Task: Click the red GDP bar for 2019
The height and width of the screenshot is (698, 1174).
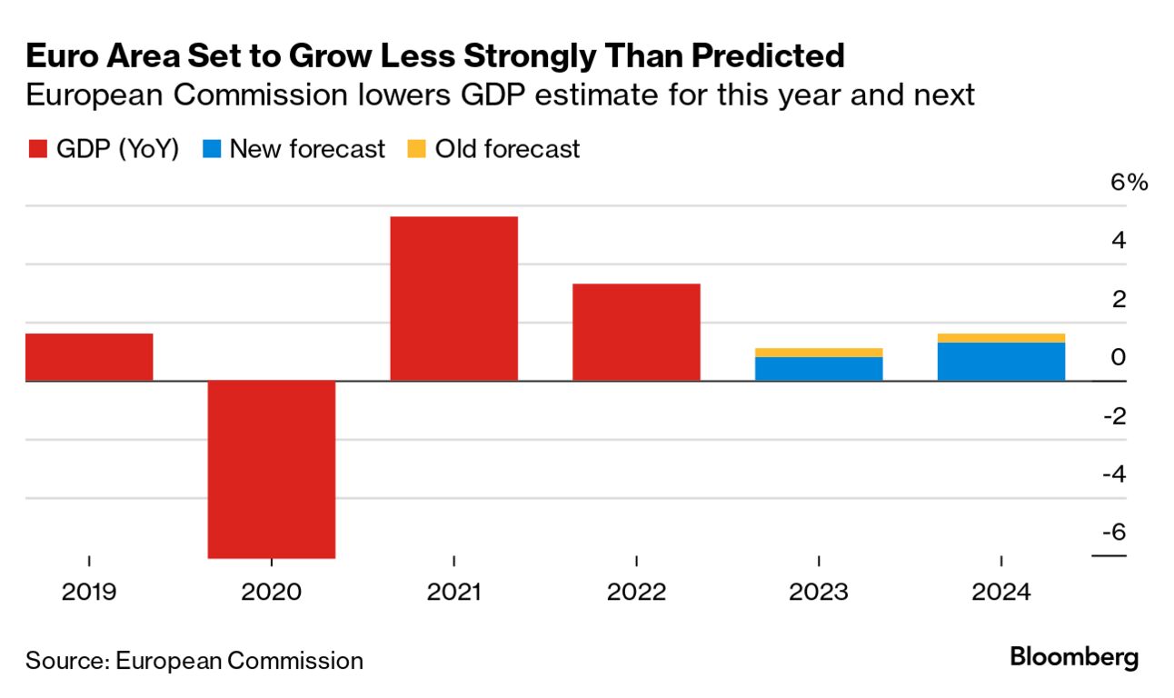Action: [89, 356]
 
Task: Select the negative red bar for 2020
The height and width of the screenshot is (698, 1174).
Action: [272, 468]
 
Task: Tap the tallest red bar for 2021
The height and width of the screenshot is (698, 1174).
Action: [453, 298]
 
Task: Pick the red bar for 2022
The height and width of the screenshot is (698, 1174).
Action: [636, 332]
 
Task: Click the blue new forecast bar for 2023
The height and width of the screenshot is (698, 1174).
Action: [819, 368]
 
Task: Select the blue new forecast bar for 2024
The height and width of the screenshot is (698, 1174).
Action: [1000, 361]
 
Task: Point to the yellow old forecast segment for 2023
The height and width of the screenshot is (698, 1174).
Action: [819, 352]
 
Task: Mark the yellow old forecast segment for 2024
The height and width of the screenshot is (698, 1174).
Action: [1000, 337]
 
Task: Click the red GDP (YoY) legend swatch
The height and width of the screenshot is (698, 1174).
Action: [36, 149]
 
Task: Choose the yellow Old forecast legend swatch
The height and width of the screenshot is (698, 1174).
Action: [415, 149]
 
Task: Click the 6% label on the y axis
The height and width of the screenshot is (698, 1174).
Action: [1128, 183]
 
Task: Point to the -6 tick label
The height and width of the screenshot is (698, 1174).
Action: [1113, 532]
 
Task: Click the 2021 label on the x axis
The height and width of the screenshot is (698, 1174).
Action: [453, 593]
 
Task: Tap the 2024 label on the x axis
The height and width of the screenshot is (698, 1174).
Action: [1000, 593]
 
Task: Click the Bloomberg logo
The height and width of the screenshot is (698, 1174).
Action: [1074, 658]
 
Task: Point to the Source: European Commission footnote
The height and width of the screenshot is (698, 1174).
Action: [194, 660]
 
